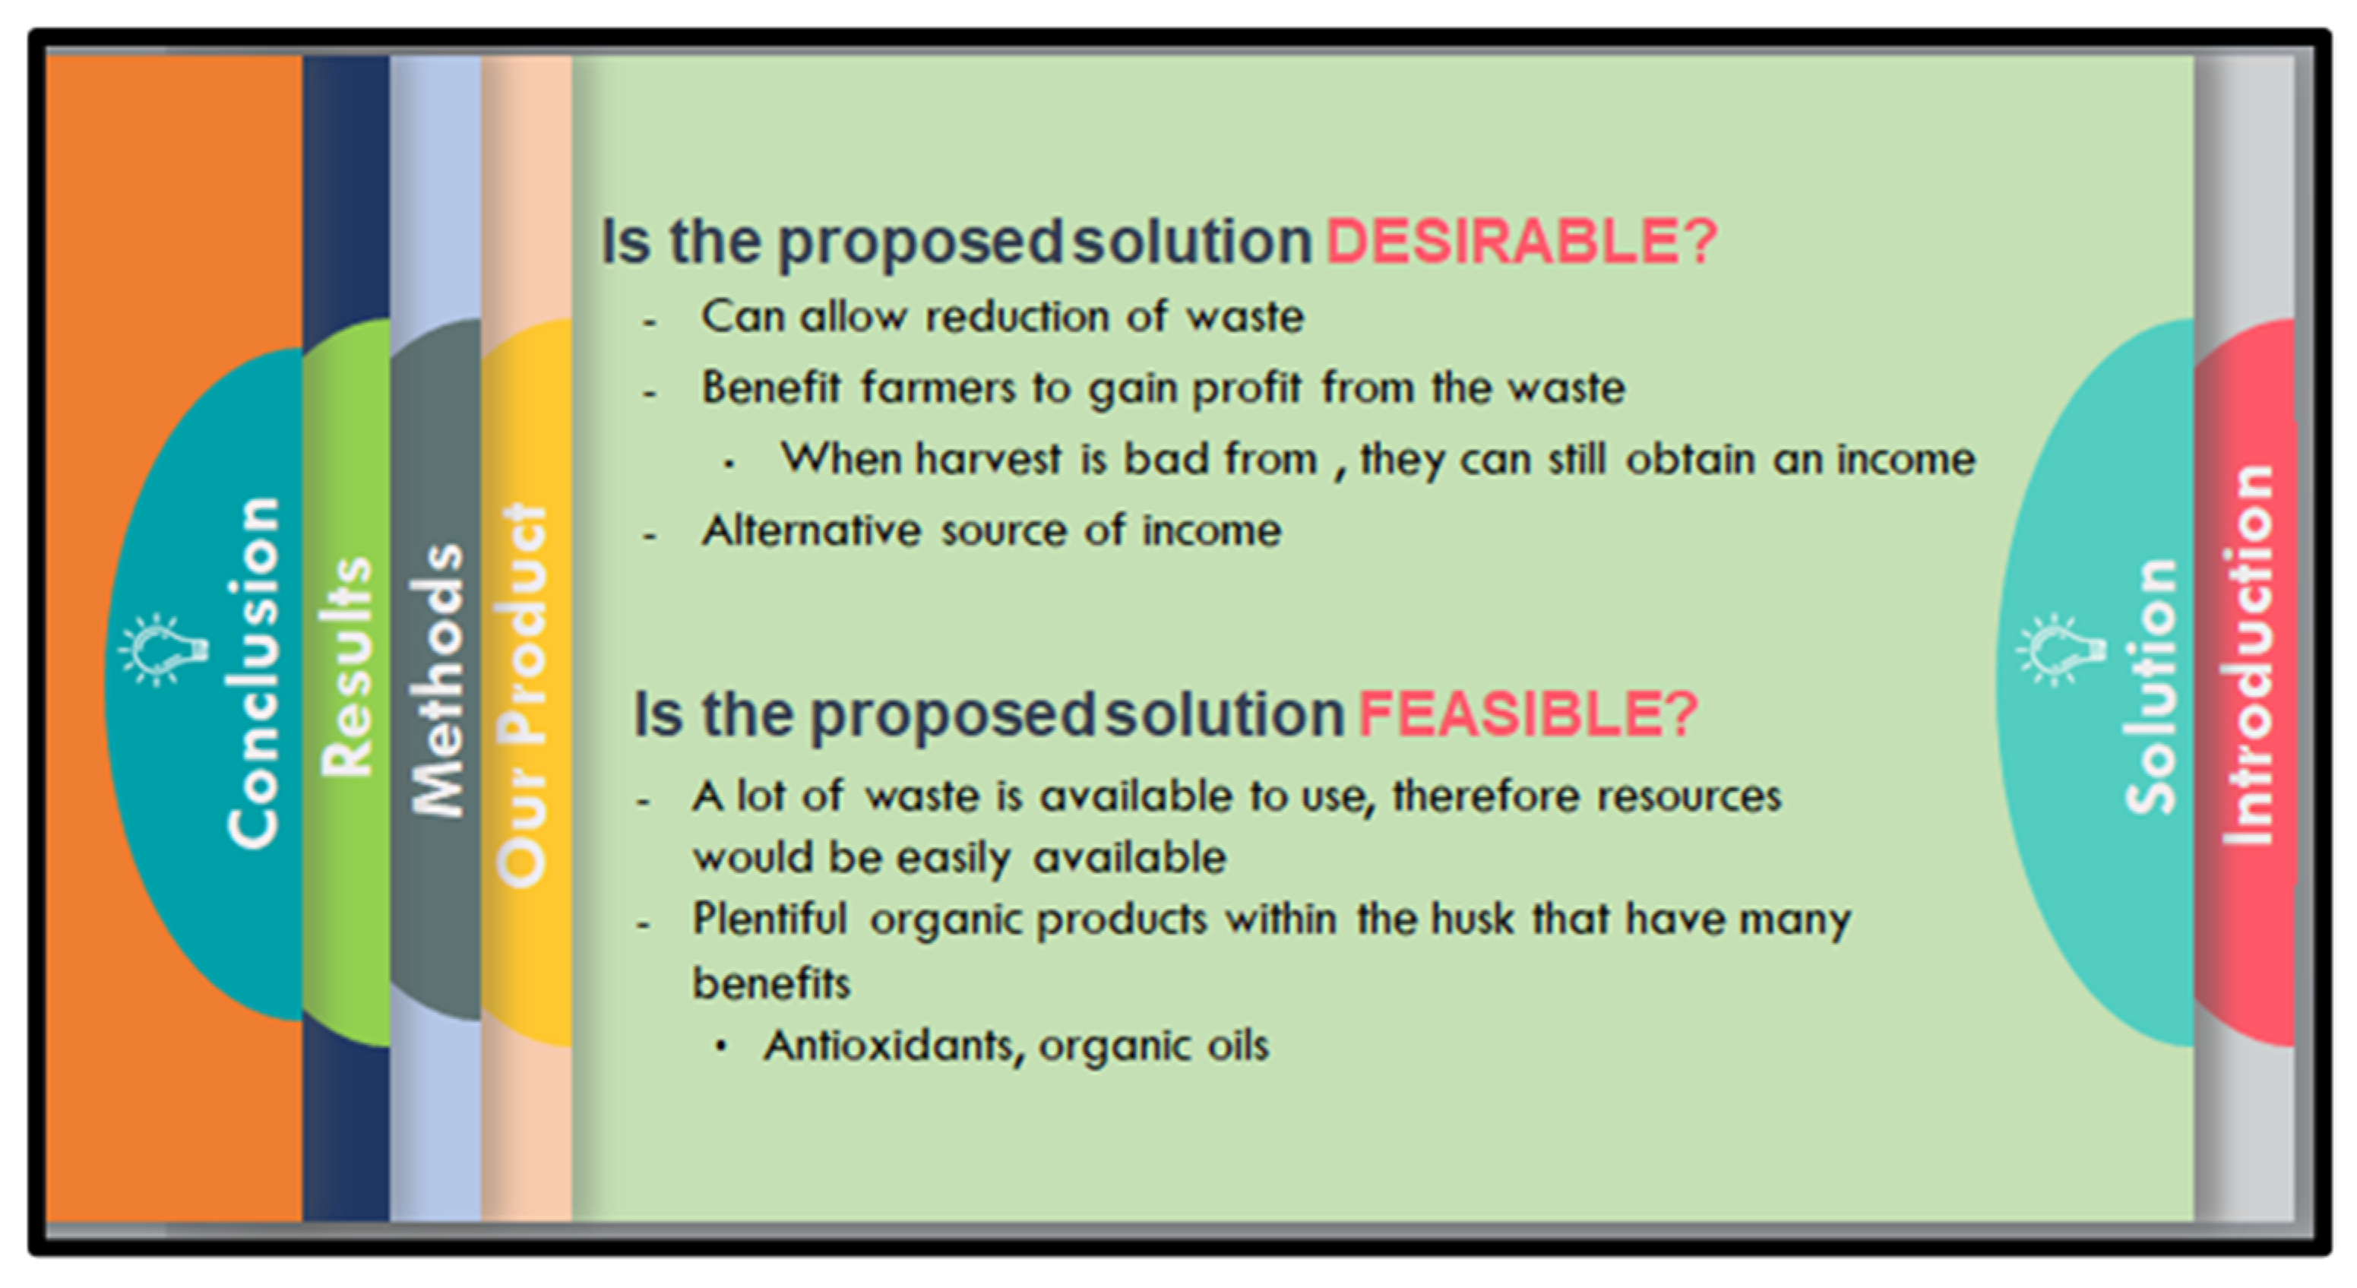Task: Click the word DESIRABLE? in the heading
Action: click(x=1520, y=242)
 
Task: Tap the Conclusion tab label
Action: click(x=254, y=672)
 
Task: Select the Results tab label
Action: click(x=346, y=668)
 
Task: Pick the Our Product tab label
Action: click(x=523, y=695)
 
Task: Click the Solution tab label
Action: click(x=2150, y=686)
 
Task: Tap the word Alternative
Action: click(x=811, y=530)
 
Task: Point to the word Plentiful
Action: click(x=770, y=919)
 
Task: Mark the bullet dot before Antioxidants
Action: click(x=723, y=1046)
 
